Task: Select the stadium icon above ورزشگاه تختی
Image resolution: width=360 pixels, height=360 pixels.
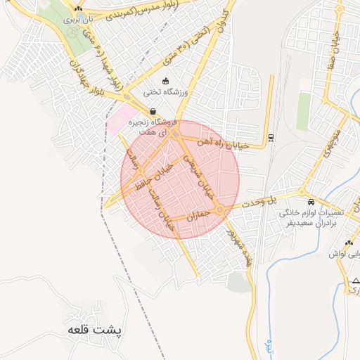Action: coord(165,80)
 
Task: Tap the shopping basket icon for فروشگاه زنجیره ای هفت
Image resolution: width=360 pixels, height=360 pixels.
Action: coord(153,110)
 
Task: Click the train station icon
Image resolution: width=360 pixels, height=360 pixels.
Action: coord(271,136)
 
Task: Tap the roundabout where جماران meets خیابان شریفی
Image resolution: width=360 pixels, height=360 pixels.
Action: coord(221,210)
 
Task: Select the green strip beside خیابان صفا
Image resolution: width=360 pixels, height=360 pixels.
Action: coord(303,111)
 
